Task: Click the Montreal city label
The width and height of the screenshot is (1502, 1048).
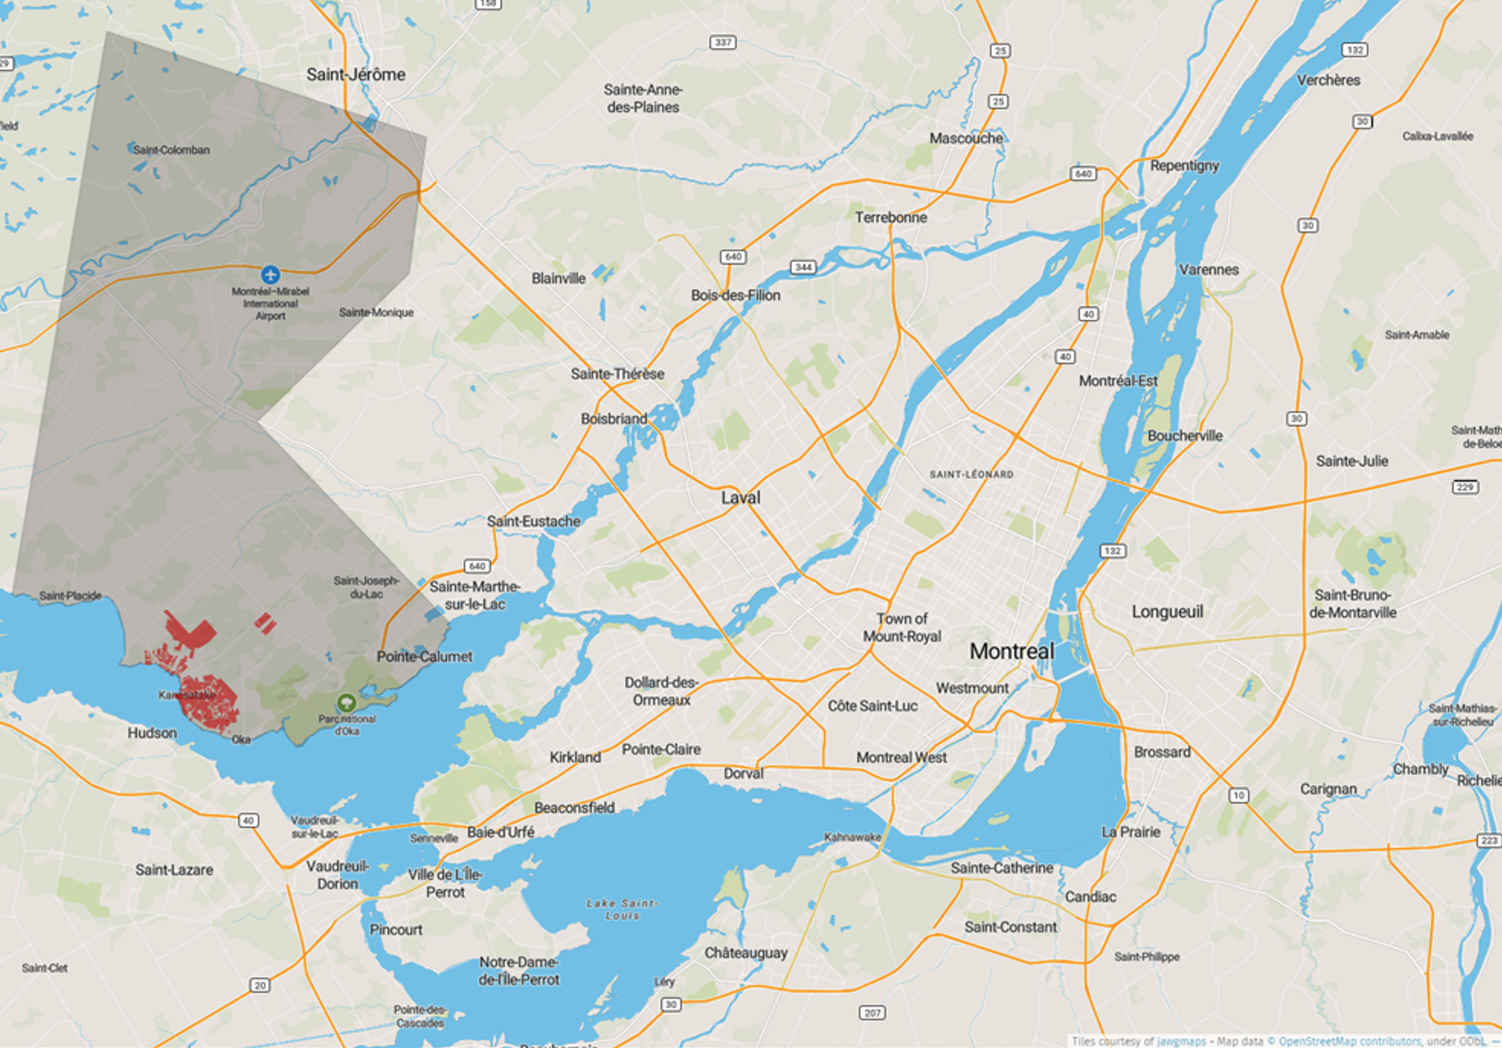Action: click(x=1011, y=651)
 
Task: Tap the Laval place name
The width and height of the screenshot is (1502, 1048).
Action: click(x=740, y=498)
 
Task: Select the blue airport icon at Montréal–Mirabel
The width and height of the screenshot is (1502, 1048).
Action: click(x=270, y=274)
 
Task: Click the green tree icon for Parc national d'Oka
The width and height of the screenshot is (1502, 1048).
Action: click(x=346, y=702)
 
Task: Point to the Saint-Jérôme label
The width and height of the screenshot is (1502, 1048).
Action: click(x=356, y=75)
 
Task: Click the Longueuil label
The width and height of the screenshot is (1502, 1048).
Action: click(x=1167, y=612)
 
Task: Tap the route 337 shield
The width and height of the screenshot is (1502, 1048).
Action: click(x=723, y=42)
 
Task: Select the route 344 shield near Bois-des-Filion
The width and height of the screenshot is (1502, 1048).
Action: click(x=803, y=267)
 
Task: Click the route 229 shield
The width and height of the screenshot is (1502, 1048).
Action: click(x=1464, y=487)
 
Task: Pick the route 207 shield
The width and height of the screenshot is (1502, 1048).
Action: click(x=873, y=1013)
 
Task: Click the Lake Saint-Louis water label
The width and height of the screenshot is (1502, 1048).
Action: click(x=623, y=910)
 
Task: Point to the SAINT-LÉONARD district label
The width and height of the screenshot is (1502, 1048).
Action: click(x=971, y=474)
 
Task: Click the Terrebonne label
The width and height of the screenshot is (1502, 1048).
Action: click(x=890, y=217)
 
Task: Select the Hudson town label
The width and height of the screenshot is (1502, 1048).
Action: click(x=152, y=733)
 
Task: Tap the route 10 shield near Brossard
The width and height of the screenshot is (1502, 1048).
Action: click(x=1238, y=795)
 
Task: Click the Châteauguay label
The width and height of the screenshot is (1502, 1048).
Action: click(x=745, y=953)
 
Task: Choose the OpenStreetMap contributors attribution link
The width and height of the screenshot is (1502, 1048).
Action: click(x=1349, y=1041)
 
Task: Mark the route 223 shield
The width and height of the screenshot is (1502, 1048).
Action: click(x=1489, y=840)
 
